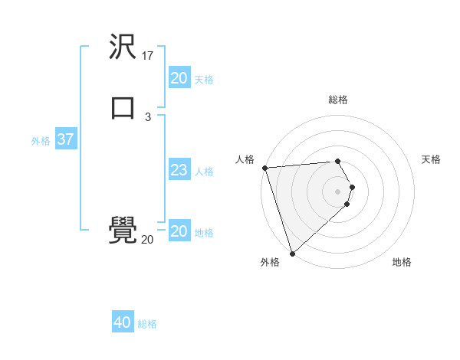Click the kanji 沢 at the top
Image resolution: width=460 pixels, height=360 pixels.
tap(123, 47)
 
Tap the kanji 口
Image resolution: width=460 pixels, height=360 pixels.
tap(123, 107)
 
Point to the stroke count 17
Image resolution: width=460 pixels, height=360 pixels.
tap(148, 56)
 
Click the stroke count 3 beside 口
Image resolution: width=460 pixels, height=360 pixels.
tap(148, 116)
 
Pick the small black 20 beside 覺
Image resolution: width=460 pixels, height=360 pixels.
tap(147, 240)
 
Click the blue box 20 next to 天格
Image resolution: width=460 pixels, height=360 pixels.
tap(179, 78)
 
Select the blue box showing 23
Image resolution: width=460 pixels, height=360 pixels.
tap(179, 170)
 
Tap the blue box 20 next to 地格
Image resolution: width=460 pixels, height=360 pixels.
tap(179, 231)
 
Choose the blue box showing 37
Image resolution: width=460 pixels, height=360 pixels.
tap(65, 139)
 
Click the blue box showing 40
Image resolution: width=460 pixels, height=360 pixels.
tap(123, 323)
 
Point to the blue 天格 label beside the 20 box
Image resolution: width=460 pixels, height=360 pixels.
tap(204, 80)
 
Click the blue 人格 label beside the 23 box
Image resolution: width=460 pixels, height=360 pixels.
tap(204, 172)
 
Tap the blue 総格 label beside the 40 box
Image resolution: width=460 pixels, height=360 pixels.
tap(147, 325)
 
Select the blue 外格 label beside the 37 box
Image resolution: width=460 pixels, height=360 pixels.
tap(41, 141)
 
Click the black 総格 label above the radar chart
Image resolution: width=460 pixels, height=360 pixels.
tap(338, 100)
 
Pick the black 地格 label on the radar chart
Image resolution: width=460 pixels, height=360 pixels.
tap(402, 263)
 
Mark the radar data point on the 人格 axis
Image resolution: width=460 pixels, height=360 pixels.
tap(264, 168)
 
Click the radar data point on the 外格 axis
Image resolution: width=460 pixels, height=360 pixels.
tap(292, 253)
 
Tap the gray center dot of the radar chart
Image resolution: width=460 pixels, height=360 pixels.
tap(338, 191)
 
